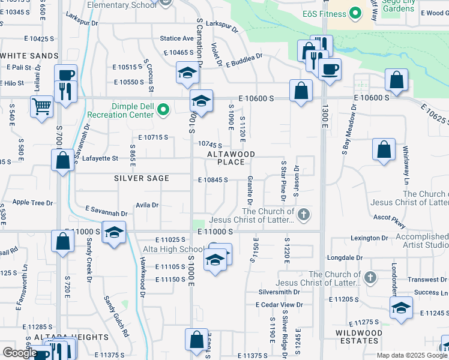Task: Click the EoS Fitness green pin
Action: pyautogui.click(x=355, y=12)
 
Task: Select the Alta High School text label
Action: pyautogui.click(x=173, y=249)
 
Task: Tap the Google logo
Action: pyautogui.click(x=19, y=352)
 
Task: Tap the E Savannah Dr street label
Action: pyautogui.click(x=106, y=212)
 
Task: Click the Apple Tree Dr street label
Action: pyautogui.click(x=32, y=203)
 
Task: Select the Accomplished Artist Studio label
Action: pyautogui.click(x=423, y=241)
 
